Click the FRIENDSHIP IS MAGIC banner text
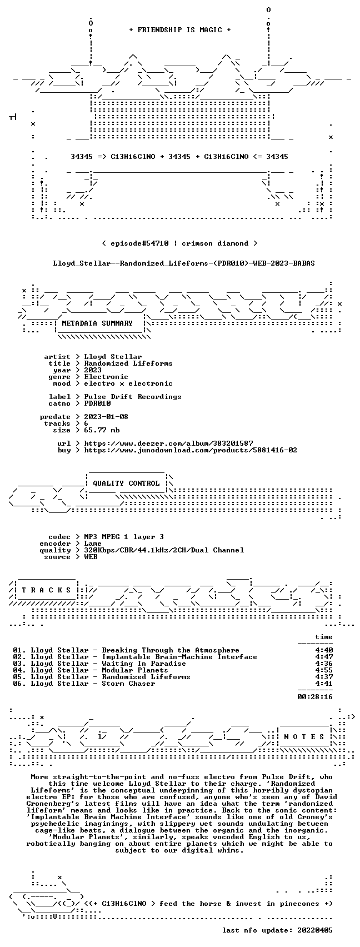pyautogui.click(x=179, y=30)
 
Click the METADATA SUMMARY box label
pyautogui.click(x=97, y=323)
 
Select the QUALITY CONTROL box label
pyautogui.click(x=126, y=483)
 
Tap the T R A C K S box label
pyautogui.click(x=47, y=590)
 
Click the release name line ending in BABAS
pyautogui.click(x=184, y=263)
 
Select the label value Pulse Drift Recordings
pyautogui.click(x=133, y=397)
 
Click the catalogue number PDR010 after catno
pyautogui.click(x=98, y=403)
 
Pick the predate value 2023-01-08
pyautogui.click(x=106, y=417)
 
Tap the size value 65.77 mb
pyautogui.click(x=102, y=430)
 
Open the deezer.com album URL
pyautogui.click(x=168, y=443)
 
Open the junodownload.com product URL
pyautogui.click(x=191, y=450)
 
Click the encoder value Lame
pyautogui.click(x=93, y=544)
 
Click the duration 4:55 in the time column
pyautogui.click(x=324, y=670)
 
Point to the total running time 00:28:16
pyautogui.click(x=315, y=697)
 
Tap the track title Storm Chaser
pyautogui.click(x=128, y=684)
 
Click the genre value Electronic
pyautogui.click(x=106, y=377)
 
